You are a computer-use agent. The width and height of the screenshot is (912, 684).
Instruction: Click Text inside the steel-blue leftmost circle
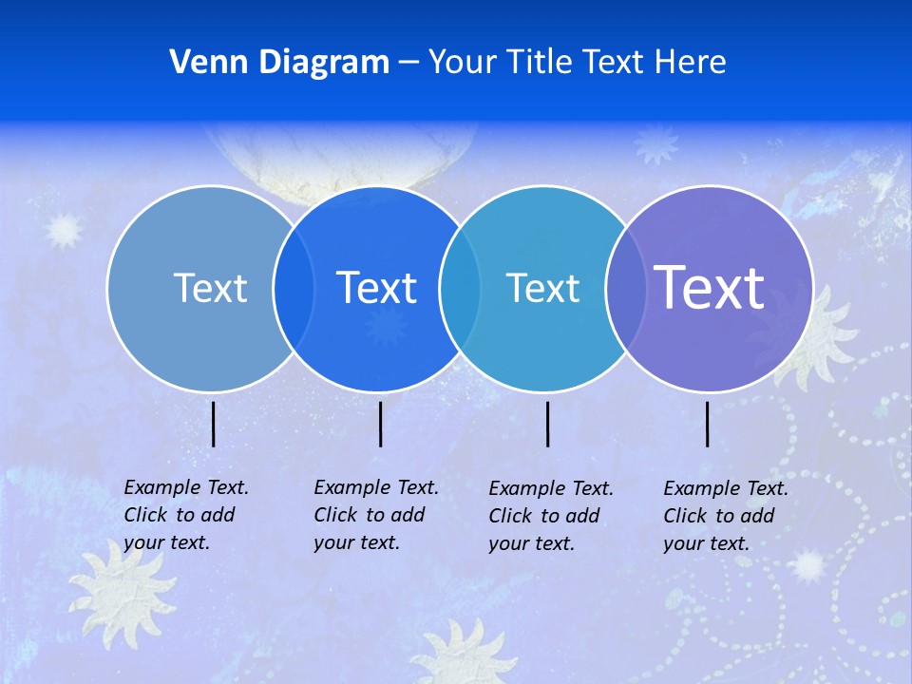tap(210, 288)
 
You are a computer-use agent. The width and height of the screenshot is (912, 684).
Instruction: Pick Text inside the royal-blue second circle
tap(377, 288)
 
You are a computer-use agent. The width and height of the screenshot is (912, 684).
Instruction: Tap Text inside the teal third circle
tap(542, 288)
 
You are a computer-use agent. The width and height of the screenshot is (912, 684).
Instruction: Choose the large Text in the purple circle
tap(710, 287)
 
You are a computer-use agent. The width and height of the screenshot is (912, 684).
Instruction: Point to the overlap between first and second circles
tap(294, 288)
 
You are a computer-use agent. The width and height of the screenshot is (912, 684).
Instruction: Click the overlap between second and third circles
tap(460, 288)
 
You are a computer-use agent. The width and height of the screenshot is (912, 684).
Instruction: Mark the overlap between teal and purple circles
tap(625, 288)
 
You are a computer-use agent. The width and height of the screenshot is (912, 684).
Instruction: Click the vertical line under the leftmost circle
tap(214, 424)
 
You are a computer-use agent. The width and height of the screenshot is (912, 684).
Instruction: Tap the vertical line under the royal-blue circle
tap(380, 424)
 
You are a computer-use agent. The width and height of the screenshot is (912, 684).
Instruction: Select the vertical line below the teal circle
tap(547, 424)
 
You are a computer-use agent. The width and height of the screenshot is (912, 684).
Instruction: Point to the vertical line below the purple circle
tap(708, 424)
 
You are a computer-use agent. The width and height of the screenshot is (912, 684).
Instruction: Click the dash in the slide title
tap(408, 64)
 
